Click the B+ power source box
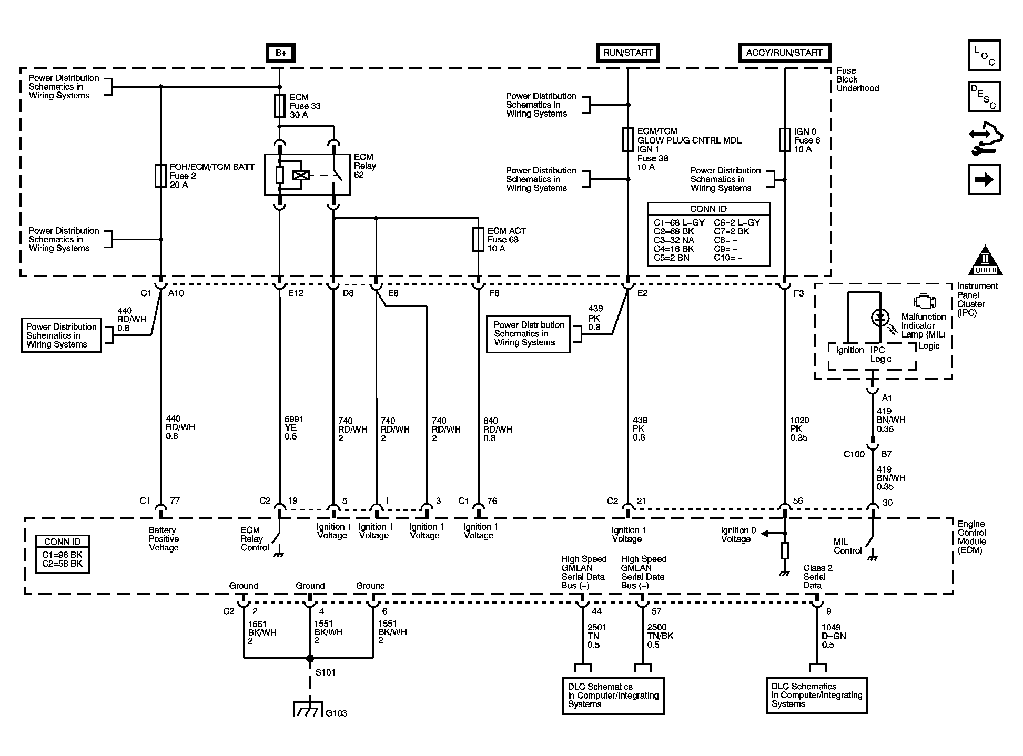pyautogui.click(x=280, y=53)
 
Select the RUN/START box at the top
pyautogui.click(x=627, y=53)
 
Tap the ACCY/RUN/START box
pyautogui.click(x=784, y=53)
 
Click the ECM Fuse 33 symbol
pyautogui.click(x=280, y=106)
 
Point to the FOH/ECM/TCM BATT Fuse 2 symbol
pyautogui.click(x=161, y=176)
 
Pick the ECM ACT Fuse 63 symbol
pyautogui.click(x=478, y=239)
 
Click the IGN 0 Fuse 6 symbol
pyautogui.click(x=784, y=140)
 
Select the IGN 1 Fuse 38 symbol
pyautogui.click(x=627, y=140)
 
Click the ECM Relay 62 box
pyautogui.click(x=307, y=175)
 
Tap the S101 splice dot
pyautogui.click(x=310, y=658)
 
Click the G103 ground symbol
pyautogui.click(x=308, y=709)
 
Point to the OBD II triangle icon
pyautogui.click(x=985, y=260)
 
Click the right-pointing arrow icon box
pyautogui.click(x=984, y=180)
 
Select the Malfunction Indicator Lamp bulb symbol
pyautogui.click(x=880, y=318)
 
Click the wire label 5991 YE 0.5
pyautogui.click(x=293, y=428)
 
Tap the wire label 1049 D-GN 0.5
pyautogui.click(x=834, y=636)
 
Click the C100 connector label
pyautogui.click(x=854, y=454)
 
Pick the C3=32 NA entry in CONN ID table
pyautogui.click(x=674, y=240)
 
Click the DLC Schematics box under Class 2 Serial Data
pyautogui.click(x=817, y=696)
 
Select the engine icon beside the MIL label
pyautogui.click(x=925, y=302)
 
